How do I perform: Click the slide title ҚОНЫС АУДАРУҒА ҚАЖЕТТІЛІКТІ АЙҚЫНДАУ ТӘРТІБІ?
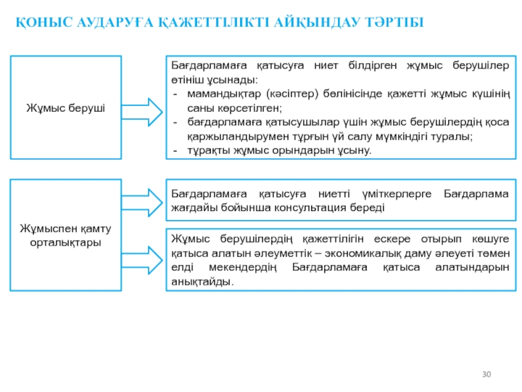[219, 24]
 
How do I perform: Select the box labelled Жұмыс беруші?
[66, 107]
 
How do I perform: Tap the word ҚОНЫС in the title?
[38, 24]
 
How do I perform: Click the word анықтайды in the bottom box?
[201, 282]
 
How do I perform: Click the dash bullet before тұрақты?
[175, 150]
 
